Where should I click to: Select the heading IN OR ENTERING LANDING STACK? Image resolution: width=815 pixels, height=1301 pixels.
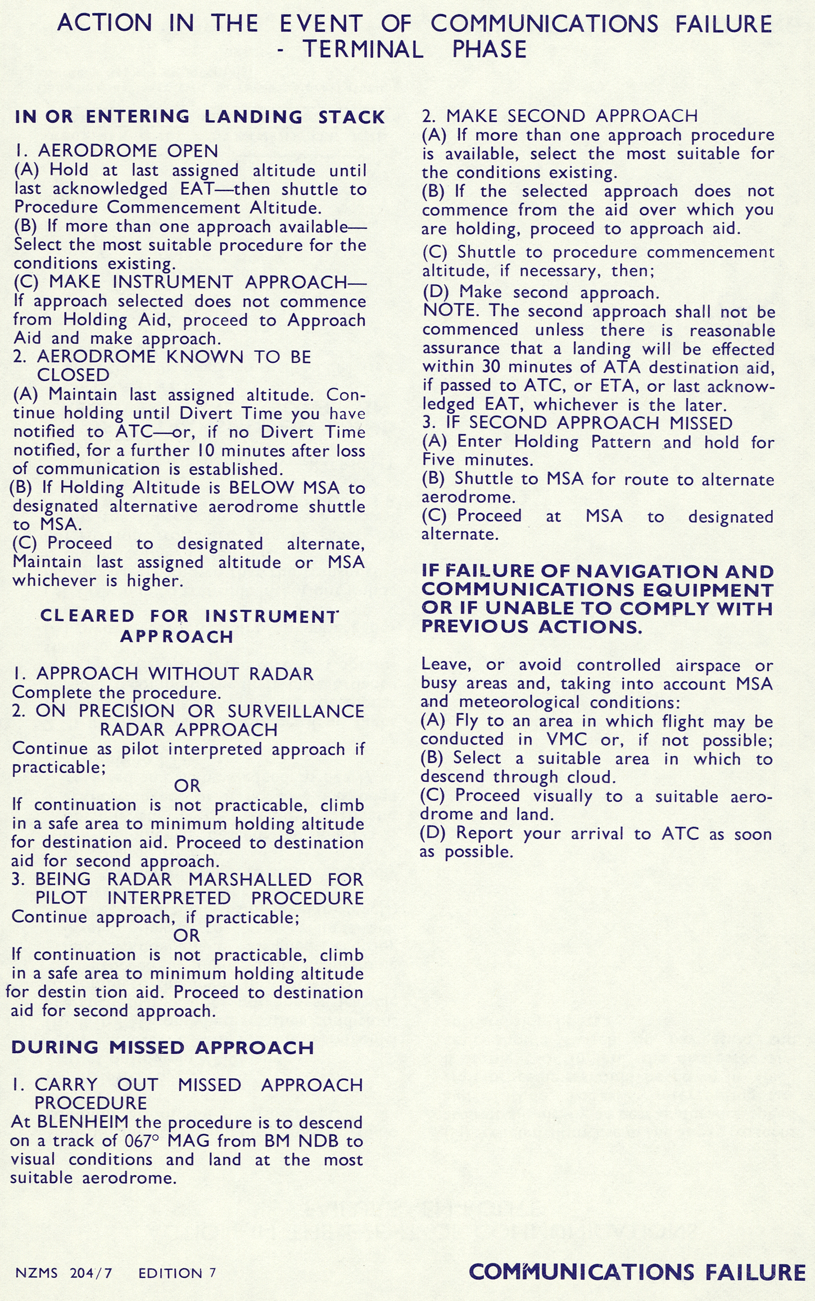200,117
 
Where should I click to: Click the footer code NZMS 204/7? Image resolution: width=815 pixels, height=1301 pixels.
64,1273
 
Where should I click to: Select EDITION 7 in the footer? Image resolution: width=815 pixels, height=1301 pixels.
177,1273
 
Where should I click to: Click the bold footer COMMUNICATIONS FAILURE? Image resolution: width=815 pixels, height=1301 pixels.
637,1272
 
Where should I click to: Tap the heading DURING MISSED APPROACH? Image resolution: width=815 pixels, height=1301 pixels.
162,1048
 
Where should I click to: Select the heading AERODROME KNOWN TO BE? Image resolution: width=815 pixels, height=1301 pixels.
174,357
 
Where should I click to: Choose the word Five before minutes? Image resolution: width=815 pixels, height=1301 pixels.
440,460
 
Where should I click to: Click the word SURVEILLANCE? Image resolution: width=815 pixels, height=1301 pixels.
296,711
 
